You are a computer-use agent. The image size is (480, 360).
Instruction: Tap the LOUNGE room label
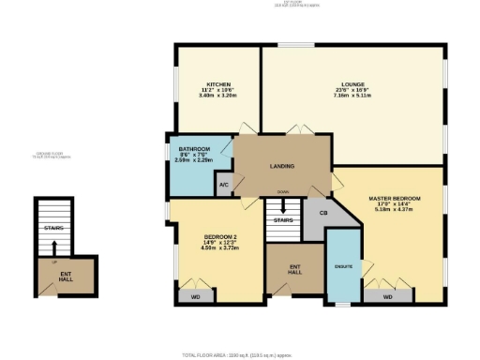(x=352, y=84)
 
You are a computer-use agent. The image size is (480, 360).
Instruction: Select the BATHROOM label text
(x=194, y=150)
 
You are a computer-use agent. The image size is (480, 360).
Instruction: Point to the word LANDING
(x=281, y=167)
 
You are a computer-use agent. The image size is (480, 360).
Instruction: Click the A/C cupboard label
(x=223, y=186)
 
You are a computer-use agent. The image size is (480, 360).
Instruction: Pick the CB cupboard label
(x=322, y=212)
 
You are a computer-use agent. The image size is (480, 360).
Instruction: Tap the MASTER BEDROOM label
(x=394, y=199)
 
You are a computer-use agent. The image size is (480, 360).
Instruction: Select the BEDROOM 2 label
(x=219, y=237)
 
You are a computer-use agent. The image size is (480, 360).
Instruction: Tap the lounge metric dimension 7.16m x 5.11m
(x=352, y=96)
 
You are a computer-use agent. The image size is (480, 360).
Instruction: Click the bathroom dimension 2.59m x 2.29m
(x=194, y=159)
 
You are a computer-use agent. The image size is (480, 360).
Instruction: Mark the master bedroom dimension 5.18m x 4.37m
(x=394, y=210)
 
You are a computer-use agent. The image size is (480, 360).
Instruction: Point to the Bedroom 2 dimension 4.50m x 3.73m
(x=219, y=249)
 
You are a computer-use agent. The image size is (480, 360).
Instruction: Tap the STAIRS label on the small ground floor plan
(x=52, y=227)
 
